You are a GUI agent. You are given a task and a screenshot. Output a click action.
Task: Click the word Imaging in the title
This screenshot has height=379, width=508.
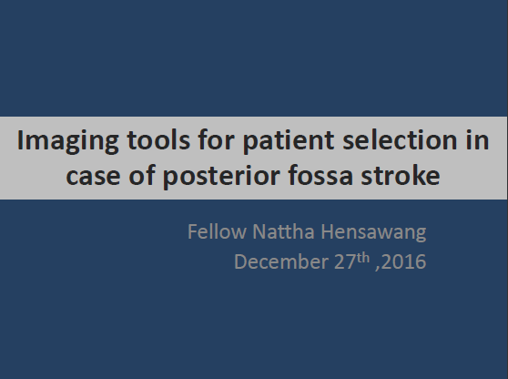(x=68, y=142)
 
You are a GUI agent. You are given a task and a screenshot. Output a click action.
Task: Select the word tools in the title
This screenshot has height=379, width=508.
(x=158, y=140)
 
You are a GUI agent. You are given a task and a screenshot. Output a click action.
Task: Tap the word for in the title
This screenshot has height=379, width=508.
(x=216, y=139)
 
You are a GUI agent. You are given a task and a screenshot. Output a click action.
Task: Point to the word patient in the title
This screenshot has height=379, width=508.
(x=289, y=142)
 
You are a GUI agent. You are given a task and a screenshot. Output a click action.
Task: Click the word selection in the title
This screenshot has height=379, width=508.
(x=400, y=140)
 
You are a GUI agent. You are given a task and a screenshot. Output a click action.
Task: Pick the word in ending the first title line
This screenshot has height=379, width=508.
(x=477, y=140)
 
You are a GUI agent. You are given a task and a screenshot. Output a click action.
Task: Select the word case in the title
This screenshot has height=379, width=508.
(x=93, y=177)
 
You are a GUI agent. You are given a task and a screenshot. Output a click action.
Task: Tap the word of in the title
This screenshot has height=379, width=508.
(x=142, y=175)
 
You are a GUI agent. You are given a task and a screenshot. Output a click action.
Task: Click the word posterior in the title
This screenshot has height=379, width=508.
(x=221, y=178)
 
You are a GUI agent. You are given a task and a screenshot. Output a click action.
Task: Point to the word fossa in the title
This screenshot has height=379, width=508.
(x=320, y=175)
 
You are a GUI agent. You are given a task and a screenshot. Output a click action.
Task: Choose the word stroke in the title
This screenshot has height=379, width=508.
(x=401, y=175)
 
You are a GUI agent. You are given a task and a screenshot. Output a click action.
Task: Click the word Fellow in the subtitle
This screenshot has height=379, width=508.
(x=217, y=231)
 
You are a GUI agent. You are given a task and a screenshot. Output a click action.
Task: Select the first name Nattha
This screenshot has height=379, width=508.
(x=283, y=231)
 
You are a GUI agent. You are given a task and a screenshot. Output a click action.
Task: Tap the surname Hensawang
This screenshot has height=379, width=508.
(x=373, y=233)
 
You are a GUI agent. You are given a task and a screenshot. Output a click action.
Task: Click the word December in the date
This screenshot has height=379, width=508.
(x=281, y=261)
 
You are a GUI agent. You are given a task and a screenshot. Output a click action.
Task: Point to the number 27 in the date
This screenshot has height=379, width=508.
(x=345, y=261)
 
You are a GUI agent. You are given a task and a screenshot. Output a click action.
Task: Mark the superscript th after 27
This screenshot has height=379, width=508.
(x=363, y=258)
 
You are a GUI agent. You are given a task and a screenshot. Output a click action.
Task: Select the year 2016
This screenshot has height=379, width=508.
(x=403, y=261)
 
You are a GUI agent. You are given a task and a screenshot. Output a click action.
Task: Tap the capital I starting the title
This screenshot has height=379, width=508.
(x=20, y=140)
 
